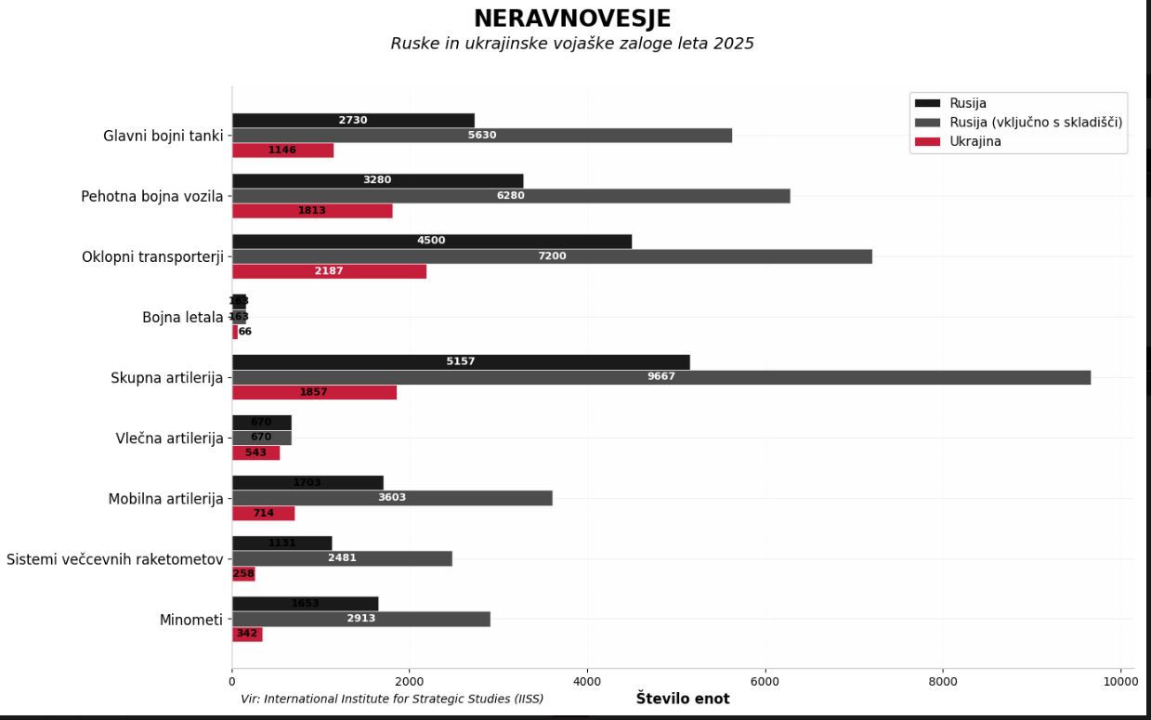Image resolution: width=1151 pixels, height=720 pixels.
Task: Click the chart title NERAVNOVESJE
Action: (571, 19)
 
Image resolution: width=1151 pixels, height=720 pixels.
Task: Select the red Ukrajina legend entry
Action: (974, 141)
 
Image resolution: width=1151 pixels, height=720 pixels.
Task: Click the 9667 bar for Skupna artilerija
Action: (661, 377)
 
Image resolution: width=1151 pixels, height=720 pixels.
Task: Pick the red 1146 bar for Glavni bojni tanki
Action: (282, 151)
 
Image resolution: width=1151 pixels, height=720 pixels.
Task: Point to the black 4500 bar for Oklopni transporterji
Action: (431, 241)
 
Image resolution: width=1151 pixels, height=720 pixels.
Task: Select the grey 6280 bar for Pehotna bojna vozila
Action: (510, 196)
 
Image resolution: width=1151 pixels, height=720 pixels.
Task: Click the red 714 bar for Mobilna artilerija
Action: (263, 514)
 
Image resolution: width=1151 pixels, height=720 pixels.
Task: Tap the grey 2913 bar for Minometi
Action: (360, 619)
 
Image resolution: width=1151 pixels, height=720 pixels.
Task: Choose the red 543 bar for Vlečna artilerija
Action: (255, 452)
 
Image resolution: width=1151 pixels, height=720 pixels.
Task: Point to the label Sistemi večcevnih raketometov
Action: (114, 559)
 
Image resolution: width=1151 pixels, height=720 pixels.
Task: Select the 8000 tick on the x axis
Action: (942, 681)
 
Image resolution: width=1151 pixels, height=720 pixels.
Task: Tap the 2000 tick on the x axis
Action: (410, 681)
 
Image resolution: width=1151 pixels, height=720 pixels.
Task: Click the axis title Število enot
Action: (682, 699)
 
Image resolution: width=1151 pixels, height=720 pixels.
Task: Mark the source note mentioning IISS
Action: (391, 699)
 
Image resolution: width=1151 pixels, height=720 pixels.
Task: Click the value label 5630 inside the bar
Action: (481, 136)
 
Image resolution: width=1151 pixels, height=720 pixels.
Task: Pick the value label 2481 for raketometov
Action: (342, 558)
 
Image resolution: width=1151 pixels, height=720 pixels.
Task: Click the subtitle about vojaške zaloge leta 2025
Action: (571, 44)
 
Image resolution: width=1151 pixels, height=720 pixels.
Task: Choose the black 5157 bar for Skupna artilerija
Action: (460, 361)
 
